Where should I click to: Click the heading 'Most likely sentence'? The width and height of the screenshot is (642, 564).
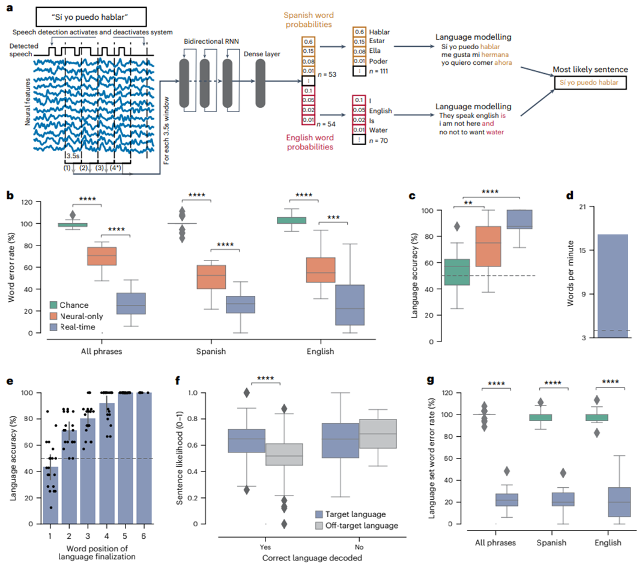(590, 70)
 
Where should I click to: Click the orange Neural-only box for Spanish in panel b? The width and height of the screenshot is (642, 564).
(212, 277)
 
